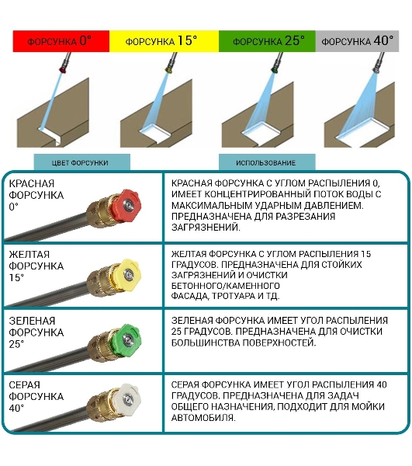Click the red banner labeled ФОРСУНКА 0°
coord(61,41)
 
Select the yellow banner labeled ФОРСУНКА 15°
coord(164,41)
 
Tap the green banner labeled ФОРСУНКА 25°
coord(267,41)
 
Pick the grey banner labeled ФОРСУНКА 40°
coord(357,41)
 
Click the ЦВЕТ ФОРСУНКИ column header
coord(82,162)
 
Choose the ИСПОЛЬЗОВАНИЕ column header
coord(267,162)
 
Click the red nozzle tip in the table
coord(126,204)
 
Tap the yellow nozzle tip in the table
coord(127,274)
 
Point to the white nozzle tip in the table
coord(126,399)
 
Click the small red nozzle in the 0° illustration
coord(63,70)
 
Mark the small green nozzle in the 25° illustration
coord(274,70)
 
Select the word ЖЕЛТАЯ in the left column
coord(29,255)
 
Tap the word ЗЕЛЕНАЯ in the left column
coord(32,321)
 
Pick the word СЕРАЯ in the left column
coord(24,385)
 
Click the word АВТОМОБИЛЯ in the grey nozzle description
coord(203,418)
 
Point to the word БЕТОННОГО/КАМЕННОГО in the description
coord(226,286)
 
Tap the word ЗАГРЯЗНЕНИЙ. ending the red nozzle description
coord(206,228)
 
